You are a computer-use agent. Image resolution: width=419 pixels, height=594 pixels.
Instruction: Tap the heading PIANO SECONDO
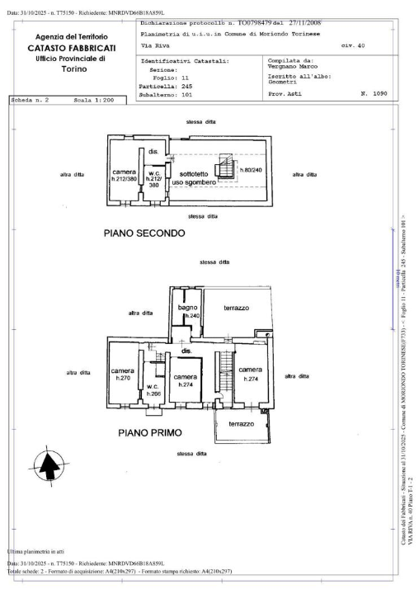tap(144, 233)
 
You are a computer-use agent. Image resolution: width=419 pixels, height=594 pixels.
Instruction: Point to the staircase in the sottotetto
tap(224, 170)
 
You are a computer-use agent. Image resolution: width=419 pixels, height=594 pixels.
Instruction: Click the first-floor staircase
tap(222, 375)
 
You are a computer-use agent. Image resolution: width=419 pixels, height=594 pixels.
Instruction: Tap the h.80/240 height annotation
tap(251, 170)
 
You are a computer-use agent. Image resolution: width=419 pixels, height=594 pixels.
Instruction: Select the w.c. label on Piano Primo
tap(153, 389)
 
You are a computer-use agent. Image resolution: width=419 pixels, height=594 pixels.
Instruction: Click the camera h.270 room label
tap(122, 375)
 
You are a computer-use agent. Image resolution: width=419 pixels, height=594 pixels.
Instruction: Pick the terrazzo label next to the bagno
tap(237, 308)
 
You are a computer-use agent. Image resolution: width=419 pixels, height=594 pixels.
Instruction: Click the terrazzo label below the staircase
tap(242, 423)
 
